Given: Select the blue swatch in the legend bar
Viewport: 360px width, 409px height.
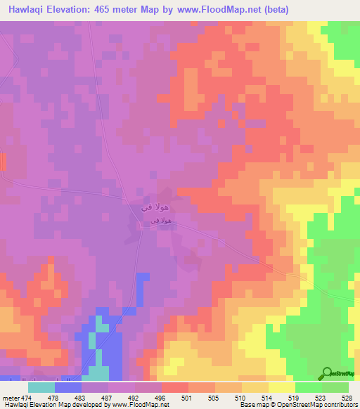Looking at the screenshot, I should tap(67, 388).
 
